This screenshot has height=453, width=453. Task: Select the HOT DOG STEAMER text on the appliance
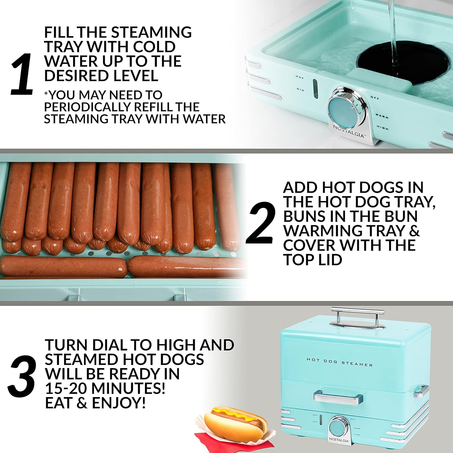(339, 362)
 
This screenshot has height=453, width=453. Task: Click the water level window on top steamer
(315, 89)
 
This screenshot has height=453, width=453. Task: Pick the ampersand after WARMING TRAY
(414, 231)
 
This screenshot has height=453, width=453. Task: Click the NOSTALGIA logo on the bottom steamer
(339, 440)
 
